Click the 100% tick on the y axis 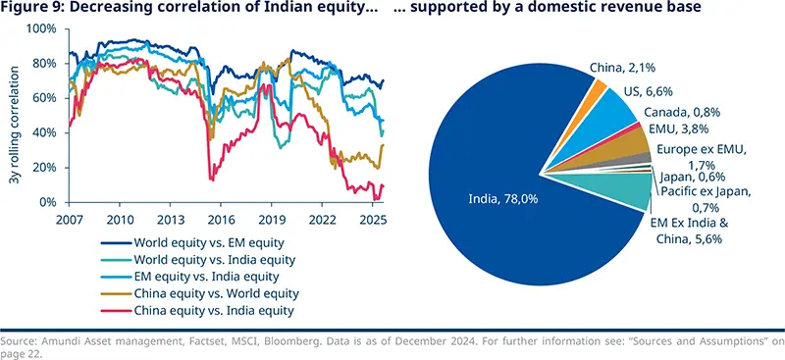(x=44, y=28)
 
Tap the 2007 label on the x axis (x=69, y=220)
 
